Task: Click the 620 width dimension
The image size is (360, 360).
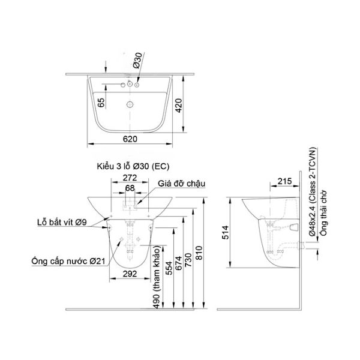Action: coord(131,139)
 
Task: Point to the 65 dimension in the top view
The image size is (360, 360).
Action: coord(101,103)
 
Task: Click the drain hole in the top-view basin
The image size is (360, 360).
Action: coord(130,104)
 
